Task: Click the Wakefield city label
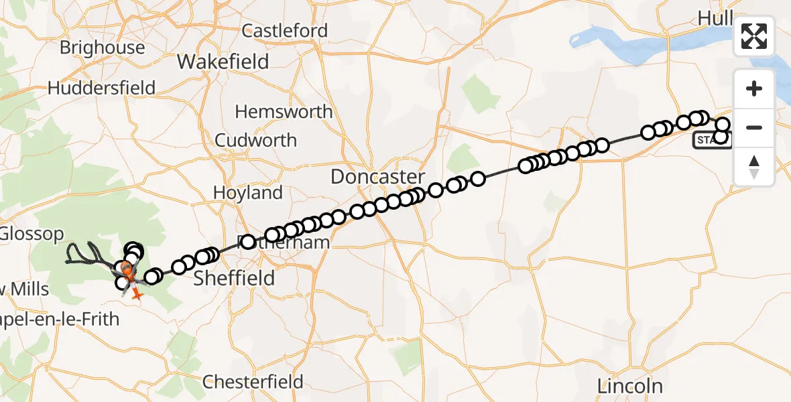[223, 62]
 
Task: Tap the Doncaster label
[378, 177]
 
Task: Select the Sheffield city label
[234, 277]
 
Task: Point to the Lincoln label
[631, 386]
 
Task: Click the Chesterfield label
[253, 382]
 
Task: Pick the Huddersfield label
[102, 88]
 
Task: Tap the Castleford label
[285, 31]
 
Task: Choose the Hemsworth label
[284, 111]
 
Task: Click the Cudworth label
[255, 140]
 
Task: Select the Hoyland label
[247, 193]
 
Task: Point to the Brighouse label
[102, 48]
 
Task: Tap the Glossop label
[32, 234]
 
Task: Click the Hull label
[716, 18]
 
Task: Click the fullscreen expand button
[754, 36]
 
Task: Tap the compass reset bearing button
[754, 166]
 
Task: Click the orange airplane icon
[138, 293]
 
